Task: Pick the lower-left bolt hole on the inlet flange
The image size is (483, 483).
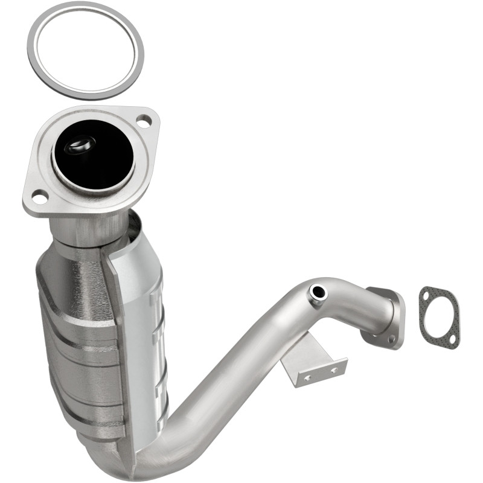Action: [39, 196]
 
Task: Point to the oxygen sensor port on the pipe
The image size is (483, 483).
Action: [318, 293]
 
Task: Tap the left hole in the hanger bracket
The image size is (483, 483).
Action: [306, 377]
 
